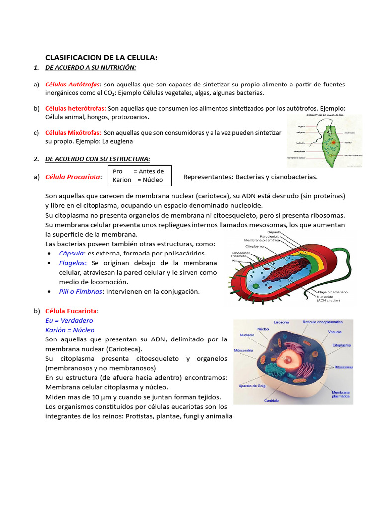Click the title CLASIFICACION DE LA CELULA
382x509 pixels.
[x=101, y=58]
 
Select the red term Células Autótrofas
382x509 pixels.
[x=73, y=85]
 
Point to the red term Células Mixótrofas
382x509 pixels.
[x=74, y=133]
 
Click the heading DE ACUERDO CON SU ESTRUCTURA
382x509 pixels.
[x=97, y=159]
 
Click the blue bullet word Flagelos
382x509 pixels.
[x=73, y=263]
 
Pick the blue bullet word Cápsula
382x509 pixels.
[x=72, y=254]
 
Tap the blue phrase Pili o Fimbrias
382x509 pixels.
[x=81, y=291]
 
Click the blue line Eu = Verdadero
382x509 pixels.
[x=69, y=321]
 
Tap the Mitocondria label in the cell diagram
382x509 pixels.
[x=245, y=350]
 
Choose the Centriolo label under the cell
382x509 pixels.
[x=271, y=400]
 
